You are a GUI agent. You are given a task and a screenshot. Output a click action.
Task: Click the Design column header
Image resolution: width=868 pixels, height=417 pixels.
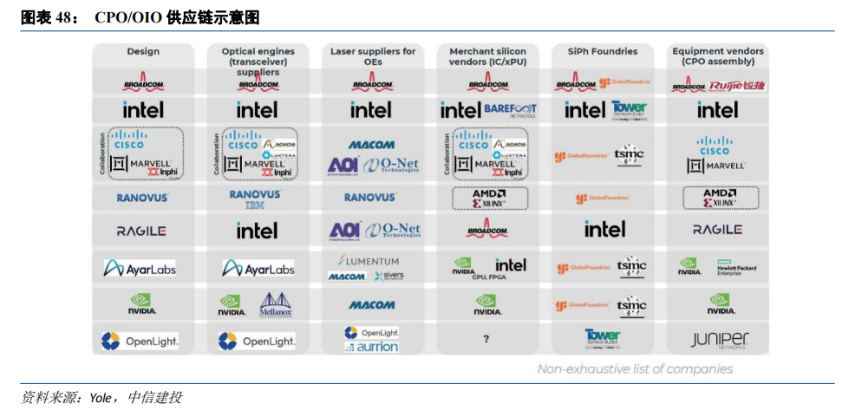pos(143,52)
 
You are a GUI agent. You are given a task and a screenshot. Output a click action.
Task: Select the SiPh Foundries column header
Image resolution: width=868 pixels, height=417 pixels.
pos(602,52)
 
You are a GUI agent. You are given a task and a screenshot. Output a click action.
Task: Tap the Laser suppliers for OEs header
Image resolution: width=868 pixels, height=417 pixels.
pos(372,56)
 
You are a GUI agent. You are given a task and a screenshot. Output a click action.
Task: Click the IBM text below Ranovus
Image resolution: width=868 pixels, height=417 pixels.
pos(255,205)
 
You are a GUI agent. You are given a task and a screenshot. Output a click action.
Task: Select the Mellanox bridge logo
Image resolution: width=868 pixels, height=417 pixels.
pos(276,303)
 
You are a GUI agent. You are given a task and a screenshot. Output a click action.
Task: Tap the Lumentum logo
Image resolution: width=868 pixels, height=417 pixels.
pos(369,261)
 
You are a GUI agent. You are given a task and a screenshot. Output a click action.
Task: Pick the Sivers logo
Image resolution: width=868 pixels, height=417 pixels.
pos(389,276)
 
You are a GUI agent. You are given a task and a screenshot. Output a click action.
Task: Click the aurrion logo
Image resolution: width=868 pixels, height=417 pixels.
pos(372,347)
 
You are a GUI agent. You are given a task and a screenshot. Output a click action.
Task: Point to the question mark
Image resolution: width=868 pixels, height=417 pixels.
pos(486,340)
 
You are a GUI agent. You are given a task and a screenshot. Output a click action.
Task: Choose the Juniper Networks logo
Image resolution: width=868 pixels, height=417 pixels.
pos(719,340)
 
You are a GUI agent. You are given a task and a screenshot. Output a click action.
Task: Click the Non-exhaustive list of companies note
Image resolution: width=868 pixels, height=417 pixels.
pos(635,369)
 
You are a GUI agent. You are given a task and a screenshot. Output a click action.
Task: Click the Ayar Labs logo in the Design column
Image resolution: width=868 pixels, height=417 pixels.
pos(140,268)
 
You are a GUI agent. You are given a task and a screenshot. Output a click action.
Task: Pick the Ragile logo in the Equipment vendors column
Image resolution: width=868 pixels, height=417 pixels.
pos(717,230)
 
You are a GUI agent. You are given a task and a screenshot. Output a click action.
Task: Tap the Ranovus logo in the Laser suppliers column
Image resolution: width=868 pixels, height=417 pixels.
pos(371,198)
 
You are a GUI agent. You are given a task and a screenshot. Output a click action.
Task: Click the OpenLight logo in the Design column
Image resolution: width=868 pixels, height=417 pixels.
pos(140,341)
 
